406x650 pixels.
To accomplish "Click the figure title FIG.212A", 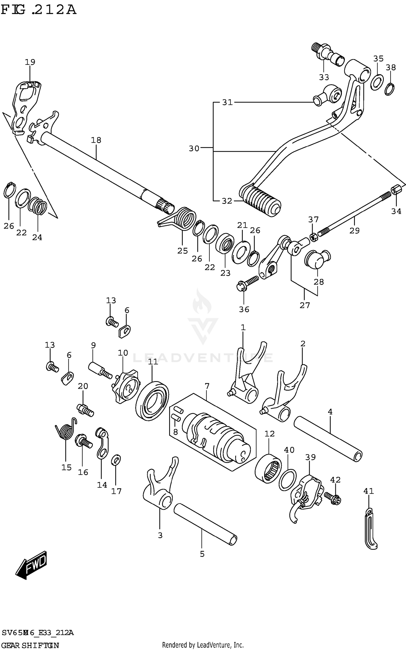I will click(x=38, y=10).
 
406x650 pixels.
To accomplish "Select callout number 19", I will click(x=30, y=62).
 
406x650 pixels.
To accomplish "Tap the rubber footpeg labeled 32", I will click(x=260, y=201).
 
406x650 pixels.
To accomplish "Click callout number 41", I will click(x=368, y=491).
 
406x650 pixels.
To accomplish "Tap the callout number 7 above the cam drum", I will click(x=207, y=386).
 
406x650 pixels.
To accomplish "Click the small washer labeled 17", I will click(x=116, y=460).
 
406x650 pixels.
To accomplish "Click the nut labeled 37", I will click(x=313, y=238).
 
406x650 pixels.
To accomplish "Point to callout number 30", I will click(x=194, y=148).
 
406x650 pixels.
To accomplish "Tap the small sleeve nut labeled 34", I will click(x=395, y=190).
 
